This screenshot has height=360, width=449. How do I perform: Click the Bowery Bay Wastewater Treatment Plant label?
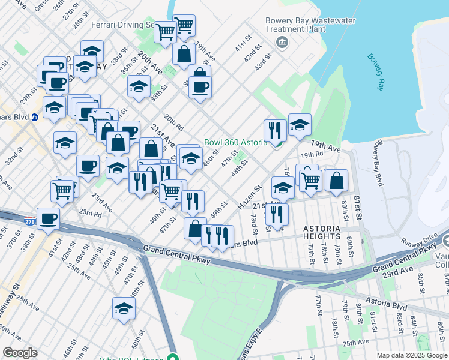pyautogui.click(x=310, y=25)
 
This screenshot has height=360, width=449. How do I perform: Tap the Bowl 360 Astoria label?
pyautogui.click(x=235, y=143)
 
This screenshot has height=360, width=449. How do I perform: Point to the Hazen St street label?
pyautogui.click(x=250, y=197)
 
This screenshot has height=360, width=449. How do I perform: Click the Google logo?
pyautogui.click(x=20, y=353)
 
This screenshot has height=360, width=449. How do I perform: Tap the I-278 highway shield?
pyautogui.click(x=29, y=222)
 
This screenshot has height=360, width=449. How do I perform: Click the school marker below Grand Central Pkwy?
pyautogui.click(x=124, y=308)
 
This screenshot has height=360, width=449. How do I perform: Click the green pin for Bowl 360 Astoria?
pyautogui.click(x=277, y=143)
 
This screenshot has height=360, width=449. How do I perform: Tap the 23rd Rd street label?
pyautogui.click(x=90, y=213)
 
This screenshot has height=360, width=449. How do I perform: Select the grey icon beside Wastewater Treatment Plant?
pyautogui.click(x=280, y=42)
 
